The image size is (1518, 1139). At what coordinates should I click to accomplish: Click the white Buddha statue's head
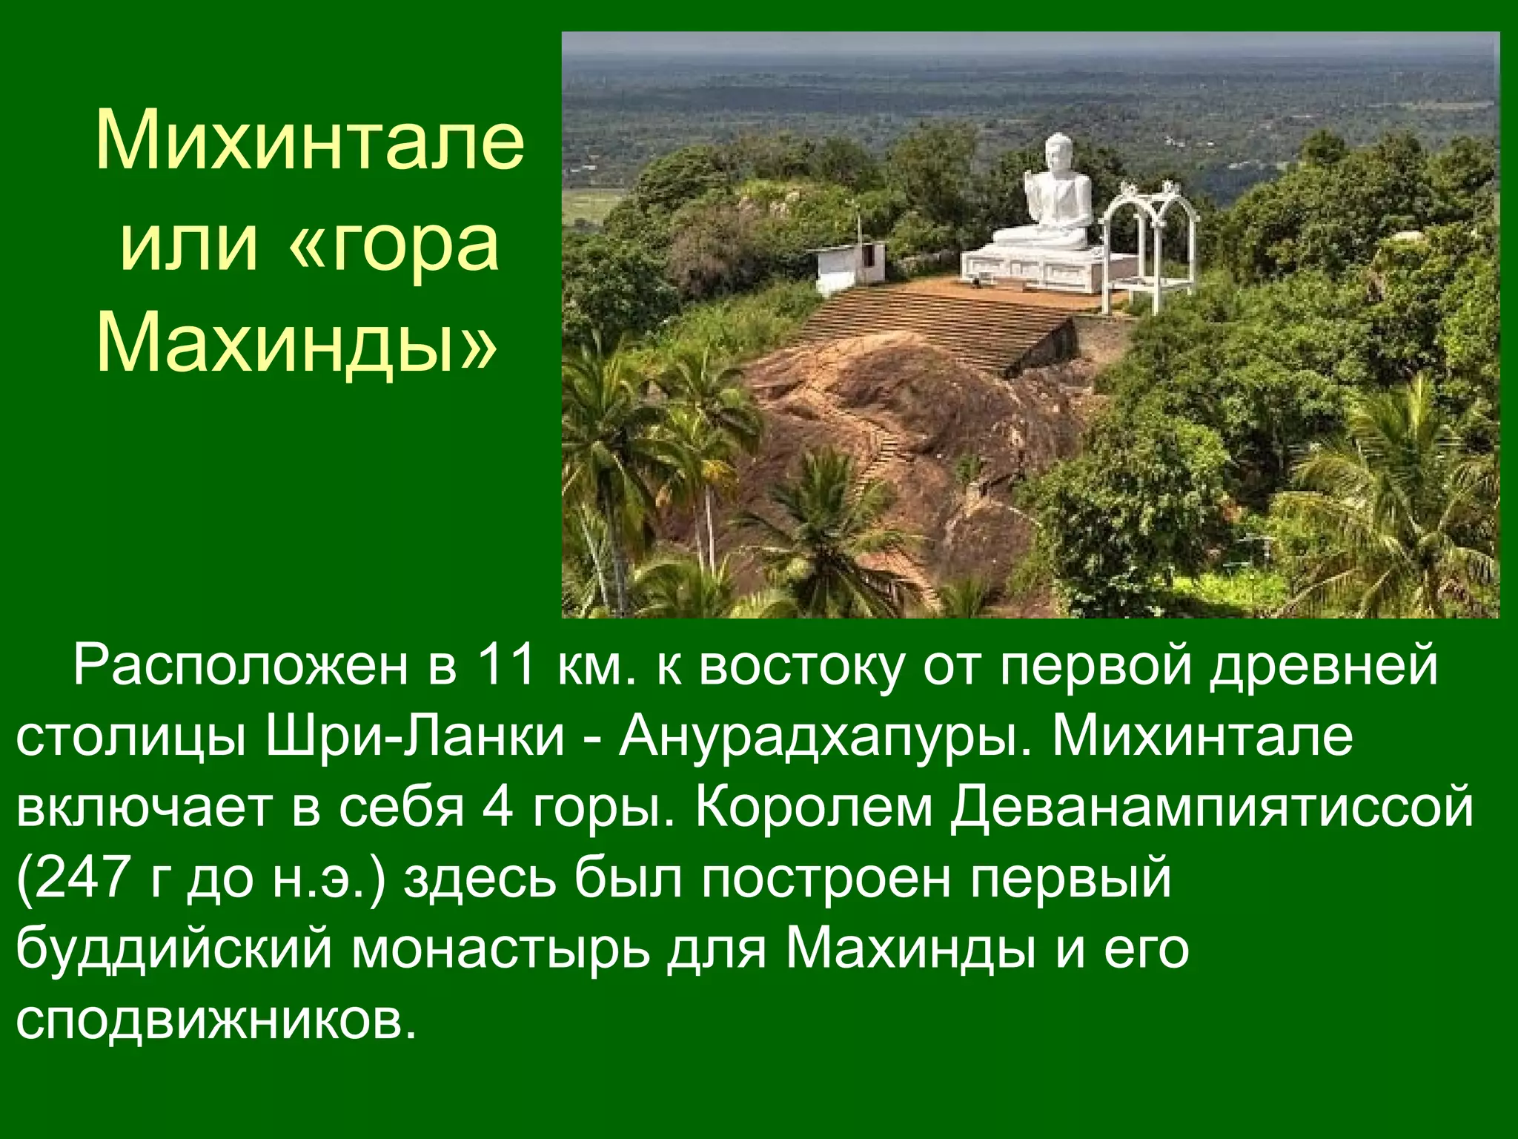(x=1058, y=153)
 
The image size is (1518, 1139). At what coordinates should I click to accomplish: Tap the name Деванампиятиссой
(x=1213, y=807)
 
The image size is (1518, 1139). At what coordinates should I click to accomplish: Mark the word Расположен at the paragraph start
(x=240, y=665)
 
